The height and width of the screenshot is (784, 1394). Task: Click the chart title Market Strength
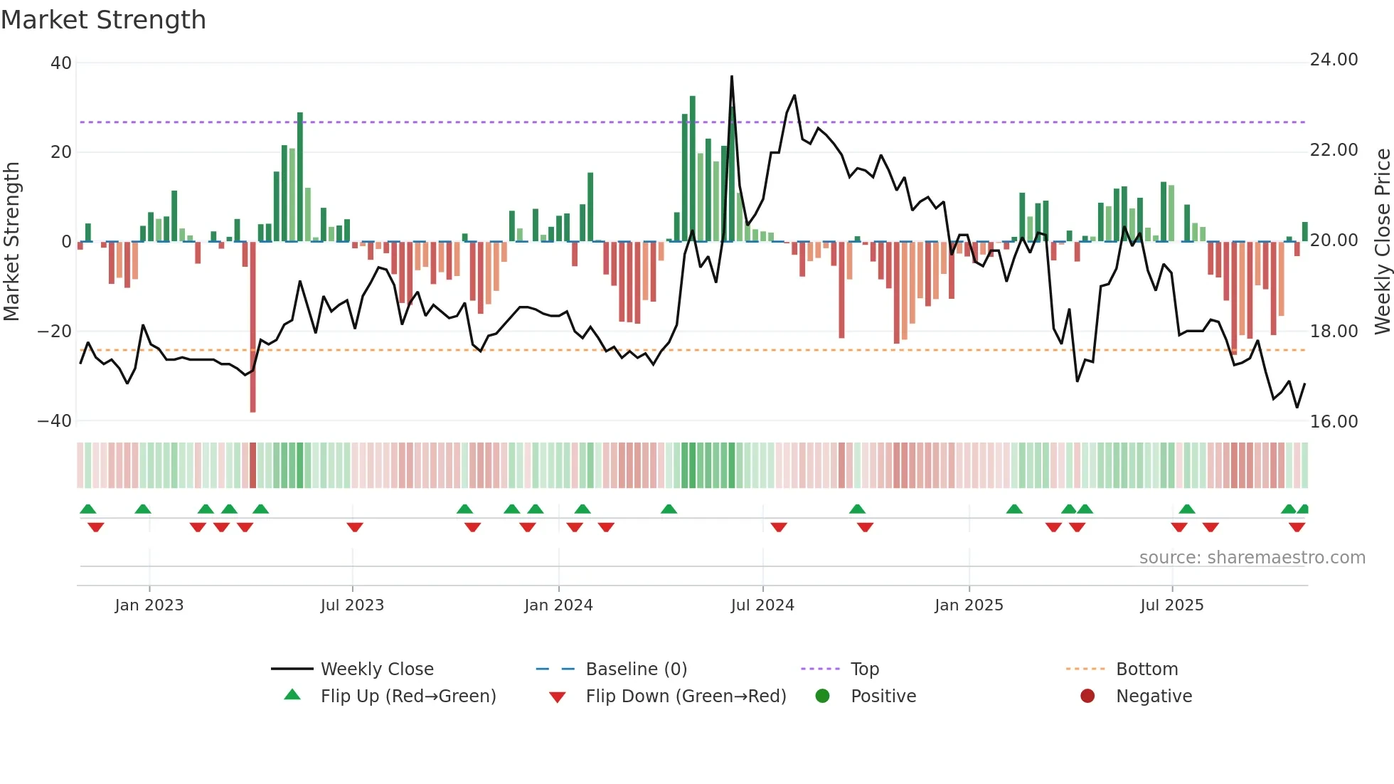tap(103, 20)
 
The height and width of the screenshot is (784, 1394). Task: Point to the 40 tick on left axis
tap(61, 63)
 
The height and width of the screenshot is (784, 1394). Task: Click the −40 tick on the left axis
tap(55, 421)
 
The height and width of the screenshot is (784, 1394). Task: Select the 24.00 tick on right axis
tap(1334, 60)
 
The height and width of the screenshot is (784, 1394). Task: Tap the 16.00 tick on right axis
tap(1334, 422)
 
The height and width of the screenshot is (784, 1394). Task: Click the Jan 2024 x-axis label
tap(558, 605)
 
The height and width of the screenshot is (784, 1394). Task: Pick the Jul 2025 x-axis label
tap(1171, 605)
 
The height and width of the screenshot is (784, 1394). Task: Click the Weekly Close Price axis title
tap(1382, 241)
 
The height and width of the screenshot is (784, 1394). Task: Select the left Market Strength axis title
tap(12, 241)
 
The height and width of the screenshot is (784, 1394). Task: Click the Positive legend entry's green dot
tap(822, 696)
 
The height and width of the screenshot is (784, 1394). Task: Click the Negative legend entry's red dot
tap(1087, 696)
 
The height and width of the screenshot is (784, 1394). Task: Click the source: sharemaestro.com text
tap(1252, 558)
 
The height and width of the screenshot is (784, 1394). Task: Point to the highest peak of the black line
tap(732, 77)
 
